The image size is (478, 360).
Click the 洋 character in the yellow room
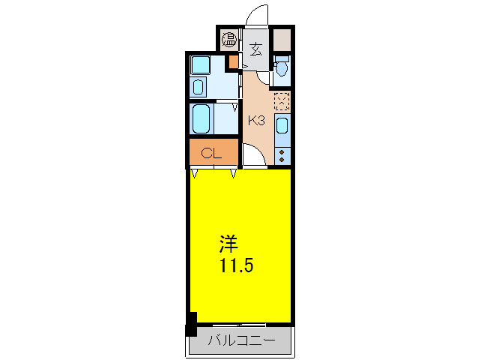click(229, 244)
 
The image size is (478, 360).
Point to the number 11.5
click(237, 265)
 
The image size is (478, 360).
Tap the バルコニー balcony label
click(241, 340)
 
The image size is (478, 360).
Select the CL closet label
click(211, 153)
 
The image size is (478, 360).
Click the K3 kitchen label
click(256, 121)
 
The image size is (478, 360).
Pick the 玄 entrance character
click(255, 49)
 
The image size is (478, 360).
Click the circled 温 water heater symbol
click(229, 39)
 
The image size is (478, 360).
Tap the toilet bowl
click(282, 66)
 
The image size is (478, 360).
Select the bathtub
click(202, 119)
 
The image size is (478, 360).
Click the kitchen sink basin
click(282, 126)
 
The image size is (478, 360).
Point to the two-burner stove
click(282, 155)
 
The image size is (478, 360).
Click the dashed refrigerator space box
click(282, 101)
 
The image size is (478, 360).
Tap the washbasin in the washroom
click(198, 87)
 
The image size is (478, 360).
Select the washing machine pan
click(200, 65)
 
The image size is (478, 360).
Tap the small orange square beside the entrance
click(234, 62)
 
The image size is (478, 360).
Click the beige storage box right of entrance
click(282, 40)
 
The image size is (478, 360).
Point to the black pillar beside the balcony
click(191, 324)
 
